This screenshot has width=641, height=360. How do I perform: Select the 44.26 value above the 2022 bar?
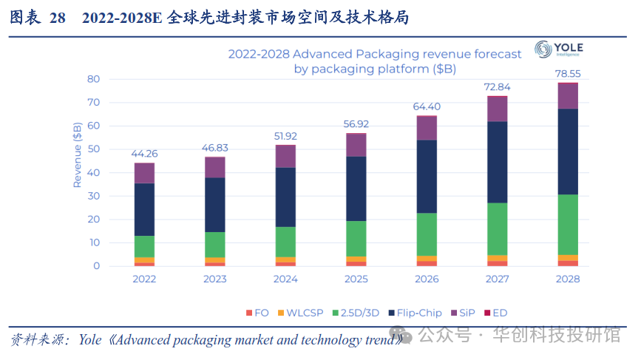click(144, 154)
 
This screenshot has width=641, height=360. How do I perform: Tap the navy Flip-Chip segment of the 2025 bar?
click(356, 189)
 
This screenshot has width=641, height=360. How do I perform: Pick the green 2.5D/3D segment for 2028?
click(567, 225)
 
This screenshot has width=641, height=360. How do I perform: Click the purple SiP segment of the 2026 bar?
click(427, 128)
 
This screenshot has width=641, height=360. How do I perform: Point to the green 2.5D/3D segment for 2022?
click(144, 247)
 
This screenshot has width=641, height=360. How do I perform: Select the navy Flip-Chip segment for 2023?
click(215, 205)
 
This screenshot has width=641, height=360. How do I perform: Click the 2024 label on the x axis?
click(285, 279)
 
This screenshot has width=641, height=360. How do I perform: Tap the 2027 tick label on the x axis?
click(497, 279)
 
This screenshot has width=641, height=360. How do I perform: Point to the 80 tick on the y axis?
click(93, 79)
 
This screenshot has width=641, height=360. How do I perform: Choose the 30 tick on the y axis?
click(93, 196)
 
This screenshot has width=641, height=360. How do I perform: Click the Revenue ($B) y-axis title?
click(77, 154)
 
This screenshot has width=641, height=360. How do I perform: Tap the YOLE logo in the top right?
click(559, 49)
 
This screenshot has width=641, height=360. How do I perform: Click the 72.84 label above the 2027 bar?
click(497, 87)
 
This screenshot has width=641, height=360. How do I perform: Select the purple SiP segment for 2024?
click(285, 156)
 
